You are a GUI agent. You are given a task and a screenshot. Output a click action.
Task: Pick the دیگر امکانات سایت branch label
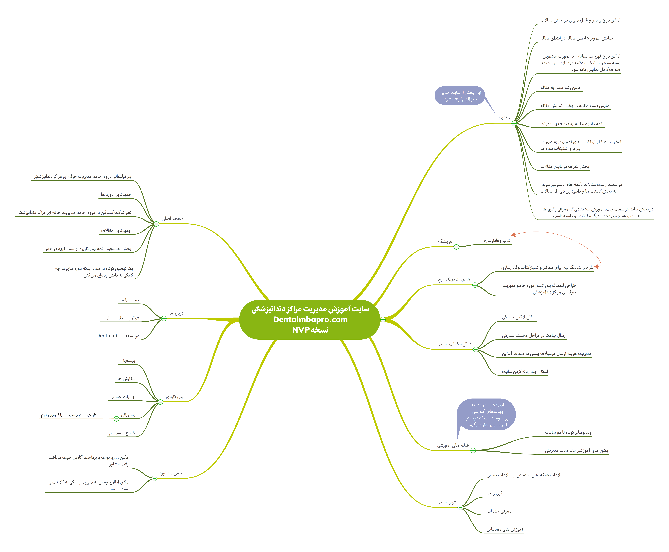point(454,344)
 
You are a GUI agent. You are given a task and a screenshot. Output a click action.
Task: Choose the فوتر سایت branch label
point(447,502)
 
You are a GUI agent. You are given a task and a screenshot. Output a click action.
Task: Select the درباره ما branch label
point(176,313)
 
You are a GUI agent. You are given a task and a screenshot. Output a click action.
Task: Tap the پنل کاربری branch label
point(175,397)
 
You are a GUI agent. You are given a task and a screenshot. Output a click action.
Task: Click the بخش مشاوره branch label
point(172,473)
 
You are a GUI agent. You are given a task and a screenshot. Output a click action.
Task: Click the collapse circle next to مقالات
point(514,123)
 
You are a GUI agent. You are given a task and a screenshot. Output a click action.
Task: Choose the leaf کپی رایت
point(494,493)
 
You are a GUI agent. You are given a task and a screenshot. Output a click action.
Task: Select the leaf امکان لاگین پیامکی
point(519,317)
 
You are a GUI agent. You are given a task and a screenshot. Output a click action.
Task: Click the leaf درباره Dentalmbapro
point(118,336)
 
